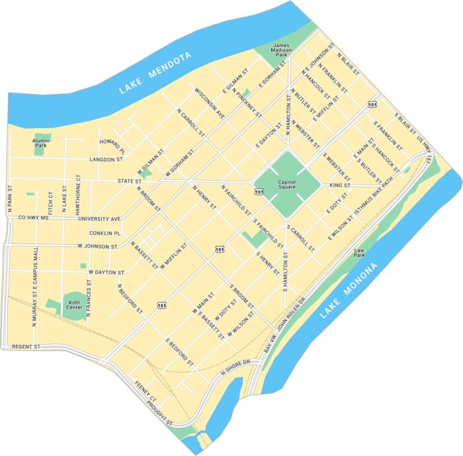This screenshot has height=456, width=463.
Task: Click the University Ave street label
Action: click(x=99, y=218)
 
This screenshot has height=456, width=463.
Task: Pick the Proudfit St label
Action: click(x=158, y=414)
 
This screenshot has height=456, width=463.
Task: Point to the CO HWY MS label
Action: click(x=34, y=217)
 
